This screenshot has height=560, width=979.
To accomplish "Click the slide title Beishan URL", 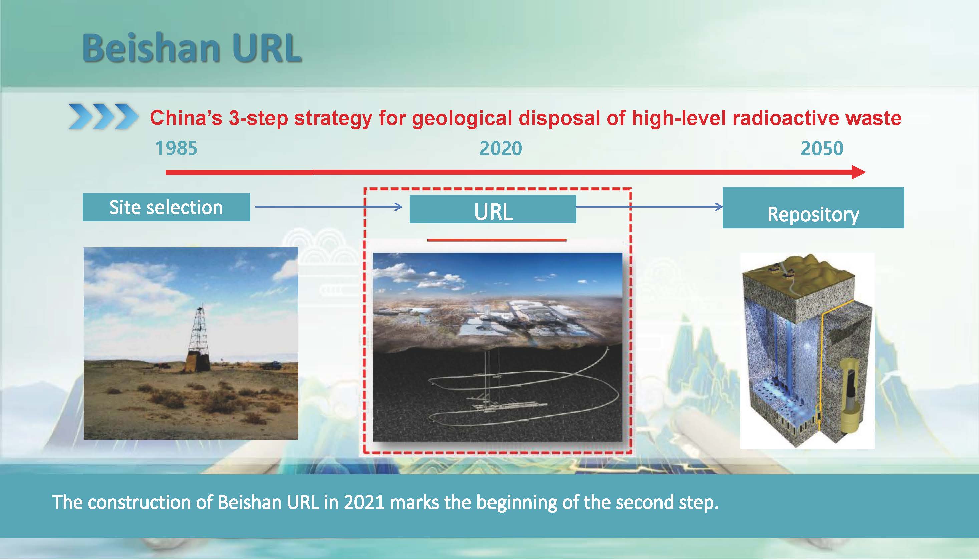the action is pyautogui.click(x=192, y=48).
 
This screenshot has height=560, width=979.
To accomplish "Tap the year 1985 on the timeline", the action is pyautogui.click(x=176, y=148).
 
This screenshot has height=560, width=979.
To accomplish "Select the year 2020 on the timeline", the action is pyautogui.click(x=501, y=148).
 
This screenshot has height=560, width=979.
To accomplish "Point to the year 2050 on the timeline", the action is pyautogui.click(x=822, y=148).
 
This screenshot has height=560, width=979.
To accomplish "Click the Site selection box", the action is pyautogui.click(x=166, y=207).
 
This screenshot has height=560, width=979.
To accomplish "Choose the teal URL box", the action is pyautogui.click(x=493, y=209).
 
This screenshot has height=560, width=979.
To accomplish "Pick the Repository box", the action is pyautogui.click(x=813, y=208).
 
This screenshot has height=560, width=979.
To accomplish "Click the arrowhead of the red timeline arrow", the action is pyautogui.click(x=859, y=172).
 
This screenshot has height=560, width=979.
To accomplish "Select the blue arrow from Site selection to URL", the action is pyautogui.click(x=329, y=207).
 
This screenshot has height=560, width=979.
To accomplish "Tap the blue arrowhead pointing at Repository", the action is pyautogui.click(x=719, y=207).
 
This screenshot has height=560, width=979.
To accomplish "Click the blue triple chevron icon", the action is pyautogui.click(x=103, y=116).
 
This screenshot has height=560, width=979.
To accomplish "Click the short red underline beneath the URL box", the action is pyautogui.click(x=497, y=240).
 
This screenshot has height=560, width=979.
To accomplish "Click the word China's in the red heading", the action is pyautogui.click(x=186, y=118).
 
